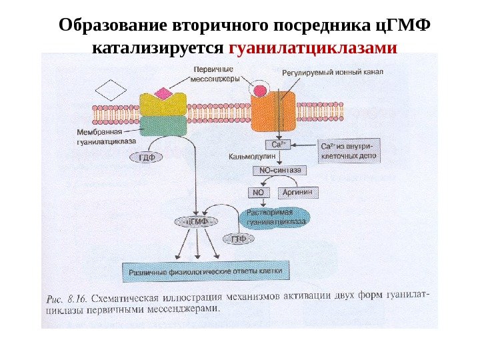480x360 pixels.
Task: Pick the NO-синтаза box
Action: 279,171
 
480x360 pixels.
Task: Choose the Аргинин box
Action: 297,192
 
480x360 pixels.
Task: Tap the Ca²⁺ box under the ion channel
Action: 278,144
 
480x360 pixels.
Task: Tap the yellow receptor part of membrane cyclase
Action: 163,105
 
